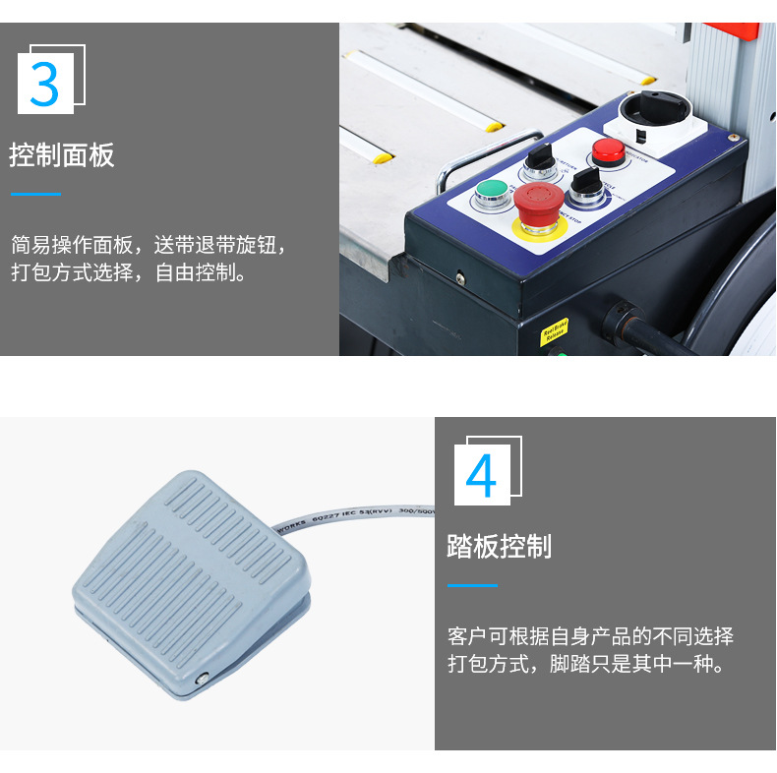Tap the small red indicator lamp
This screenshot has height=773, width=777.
607,150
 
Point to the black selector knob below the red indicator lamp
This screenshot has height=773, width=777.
586,182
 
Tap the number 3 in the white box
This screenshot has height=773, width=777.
45,85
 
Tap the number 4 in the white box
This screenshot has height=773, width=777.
481,475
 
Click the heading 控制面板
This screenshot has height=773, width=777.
62,155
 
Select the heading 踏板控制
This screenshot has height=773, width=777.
500,547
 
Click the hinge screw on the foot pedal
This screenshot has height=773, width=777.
203,678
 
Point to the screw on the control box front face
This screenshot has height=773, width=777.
458,276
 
